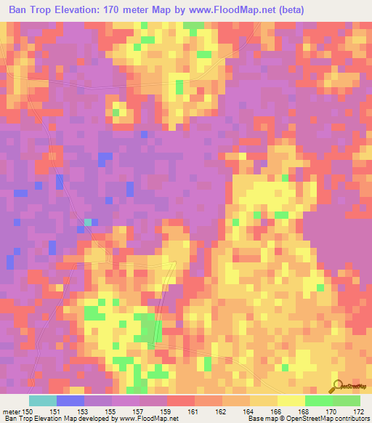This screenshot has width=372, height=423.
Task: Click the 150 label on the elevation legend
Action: (x=28, y=411)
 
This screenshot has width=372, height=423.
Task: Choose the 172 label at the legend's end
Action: (x=358, y=411)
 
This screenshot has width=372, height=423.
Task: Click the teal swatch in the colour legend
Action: (x=43, y=400)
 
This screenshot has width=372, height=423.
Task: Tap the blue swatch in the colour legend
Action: (x=70, y=400)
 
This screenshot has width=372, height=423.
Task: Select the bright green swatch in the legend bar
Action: (x=318, y=400)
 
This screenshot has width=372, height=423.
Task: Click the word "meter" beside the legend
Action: (x=11, y=411)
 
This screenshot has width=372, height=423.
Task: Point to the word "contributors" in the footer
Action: (x=352, y=419)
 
